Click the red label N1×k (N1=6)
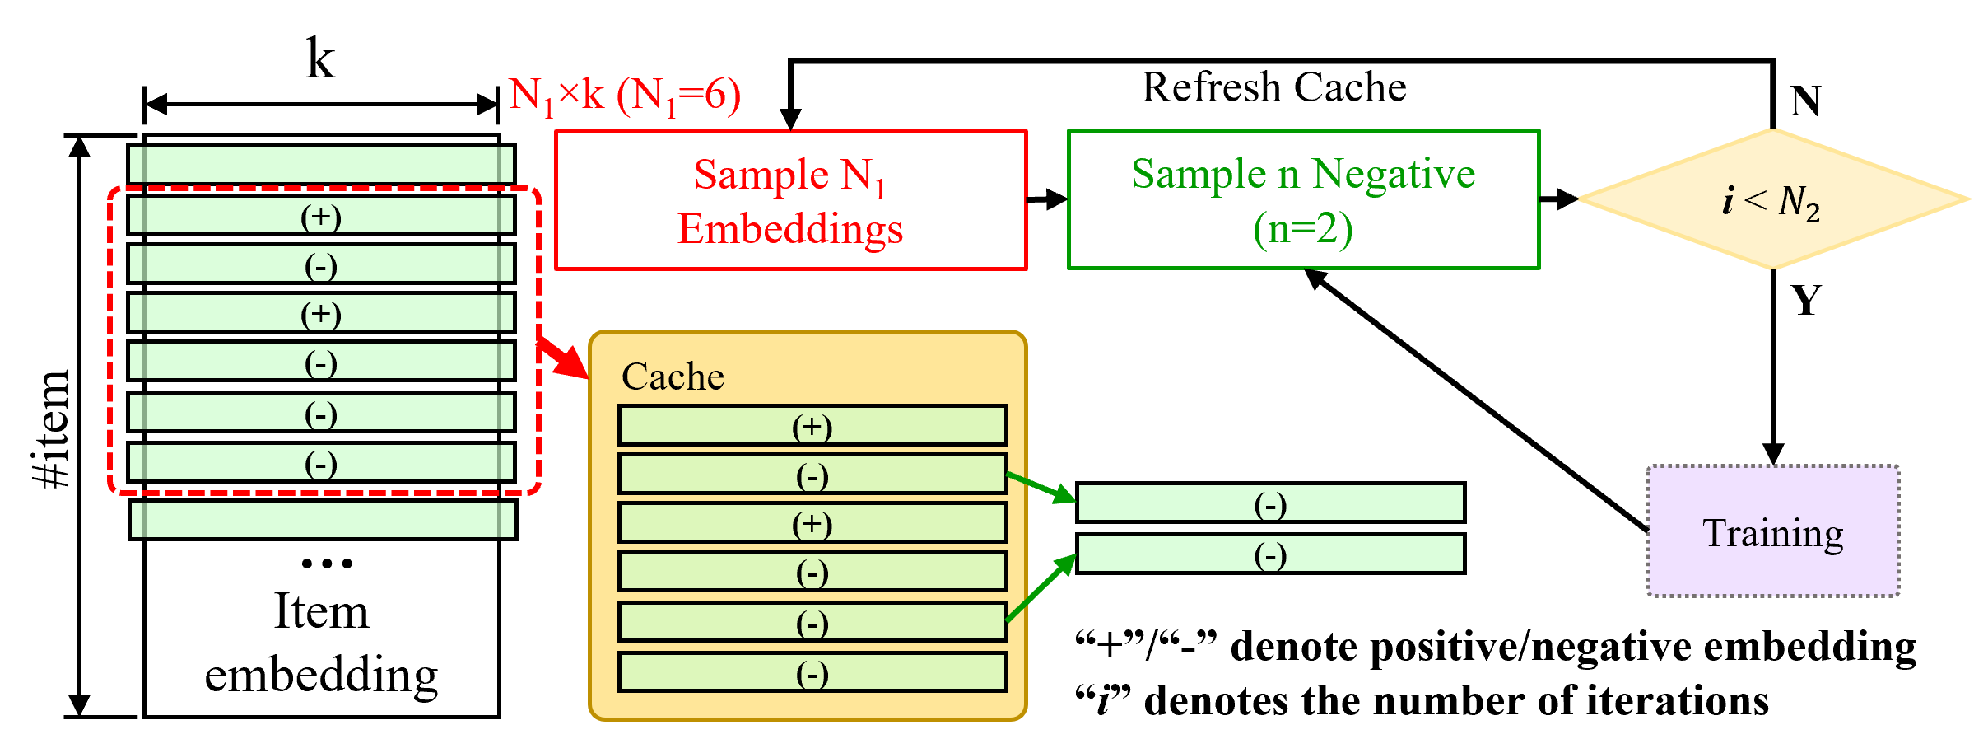point(625,96)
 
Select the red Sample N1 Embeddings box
point(790,200)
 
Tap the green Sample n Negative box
point(1303,199)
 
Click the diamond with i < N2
point(1774,199)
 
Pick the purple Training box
point(1772,531)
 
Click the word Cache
point(673,376)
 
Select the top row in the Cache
point(812,426)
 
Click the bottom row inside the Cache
point(812,673)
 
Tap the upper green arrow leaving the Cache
point(1041,487)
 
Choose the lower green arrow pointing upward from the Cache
point(1041,588)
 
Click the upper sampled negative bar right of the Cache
point(1270,503)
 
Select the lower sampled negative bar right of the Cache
point(1270,554)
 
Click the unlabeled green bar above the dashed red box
point(321,165)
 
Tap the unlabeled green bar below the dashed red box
point(323,520)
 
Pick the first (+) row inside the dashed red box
point(321,216)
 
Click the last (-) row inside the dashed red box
point(321,463)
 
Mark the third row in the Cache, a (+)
point(812,523)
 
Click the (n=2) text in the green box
point(1302,229)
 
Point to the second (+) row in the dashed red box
point(321,313)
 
